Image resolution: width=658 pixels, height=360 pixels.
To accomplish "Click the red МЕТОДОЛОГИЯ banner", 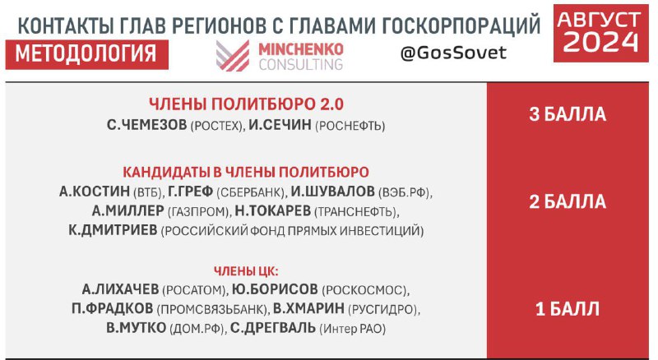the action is [x=87, y=54].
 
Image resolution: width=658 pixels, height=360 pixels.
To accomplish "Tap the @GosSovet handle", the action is [x=453, y=53].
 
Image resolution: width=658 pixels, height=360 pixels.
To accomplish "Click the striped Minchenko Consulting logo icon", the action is [x=233, y=55].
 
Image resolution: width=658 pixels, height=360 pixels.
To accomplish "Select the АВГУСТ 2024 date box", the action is [x=600, y=33].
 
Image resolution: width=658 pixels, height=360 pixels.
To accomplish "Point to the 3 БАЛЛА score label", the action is [x=568, y=114].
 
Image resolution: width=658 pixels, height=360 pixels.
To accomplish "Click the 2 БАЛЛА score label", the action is [x=568, y=202].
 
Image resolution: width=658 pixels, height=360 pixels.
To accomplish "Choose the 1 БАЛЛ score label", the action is [x=568, y=309].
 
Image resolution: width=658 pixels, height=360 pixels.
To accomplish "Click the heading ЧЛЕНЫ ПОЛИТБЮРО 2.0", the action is [x=246, y=104].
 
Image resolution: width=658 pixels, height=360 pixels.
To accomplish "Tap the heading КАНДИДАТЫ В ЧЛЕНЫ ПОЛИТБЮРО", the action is [x=246, y=172].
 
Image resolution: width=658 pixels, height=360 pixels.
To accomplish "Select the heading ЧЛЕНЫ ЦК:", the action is [x=246, y=271].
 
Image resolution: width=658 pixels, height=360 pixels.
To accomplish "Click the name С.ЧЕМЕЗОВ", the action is [x=147, y=125].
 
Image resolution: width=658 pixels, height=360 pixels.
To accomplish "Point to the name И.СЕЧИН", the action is [x=280, y=125].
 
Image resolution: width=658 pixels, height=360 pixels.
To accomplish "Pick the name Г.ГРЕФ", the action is [x=191, y=192].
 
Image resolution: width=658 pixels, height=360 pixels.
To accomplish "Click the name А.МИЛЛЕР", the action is [x=128, y=210].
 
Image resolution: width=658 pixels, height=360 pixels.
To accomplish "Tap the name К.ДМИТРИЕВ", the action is [x=113, y=230].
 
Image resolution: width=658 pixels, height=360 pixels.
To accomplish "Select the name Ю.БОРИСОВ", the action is [x=275, y=289].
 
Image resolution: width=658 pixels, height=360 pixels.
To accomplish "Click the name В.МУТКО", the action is [x=137, y=328].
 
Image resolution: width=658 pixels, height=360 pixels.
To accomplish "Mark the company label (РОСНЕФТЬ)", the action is [x=350, y=126].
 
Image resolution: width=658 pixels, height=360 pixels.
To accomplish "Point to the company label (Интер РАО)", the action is [x=353, y=329].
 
